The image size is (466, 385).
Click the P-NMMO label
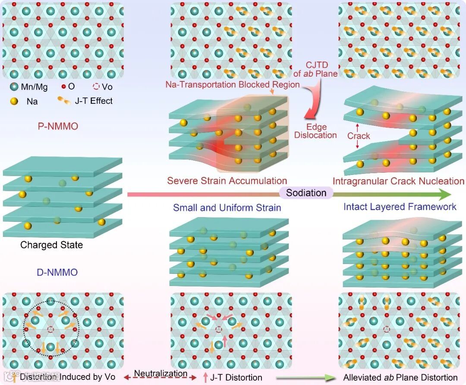57,126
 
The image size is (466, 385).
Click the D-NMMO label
57,272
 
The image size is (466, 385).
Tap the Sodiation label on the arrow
306,192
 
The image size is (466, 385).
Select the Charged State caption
51,245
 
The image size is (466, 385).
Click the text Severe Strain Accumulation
227,181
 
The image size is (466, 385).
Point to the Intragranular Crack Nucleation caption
398,181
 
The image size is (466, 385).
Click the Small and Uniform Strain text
227,208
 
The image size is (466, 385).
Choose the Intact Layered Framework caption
400,207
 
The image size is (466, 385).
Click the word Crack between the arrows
359,136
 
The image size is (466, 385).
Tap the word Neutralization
161,373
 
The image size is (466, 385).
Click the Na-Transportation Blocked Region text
232,84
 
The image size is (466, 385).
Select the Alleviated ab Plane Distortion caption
400,378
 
